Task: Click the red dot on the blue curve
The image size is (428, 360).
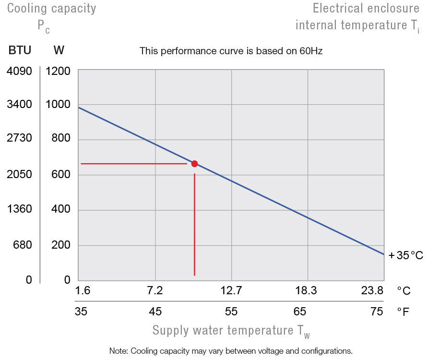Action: click(x=194, y=164)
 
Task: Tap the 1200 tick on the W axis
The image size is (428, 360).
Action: click(x=58, y=72)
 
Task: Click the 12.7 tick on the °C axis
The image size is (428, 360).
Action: click(x=231, y=290)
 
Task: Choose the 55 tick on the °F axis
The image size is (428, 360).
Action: click(x=231, y=312)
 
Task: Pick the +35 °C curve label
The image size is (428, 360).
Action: click(x=406, y=255)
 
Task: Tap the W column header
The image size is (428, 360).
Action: click(x=59, y=50)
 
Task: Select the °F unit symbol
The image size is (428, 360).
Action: click(x=403, y=312)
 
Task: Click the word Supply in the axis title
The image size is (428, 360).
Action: click(x=171, y=330)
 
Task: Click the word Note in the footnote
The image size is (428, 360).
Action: click(x=118, y=350)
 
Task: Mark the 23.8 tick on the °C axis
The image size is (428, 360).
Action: click(x=372, y=290)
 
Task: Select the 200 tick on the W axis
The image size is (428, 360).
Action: click(x=61, y=245)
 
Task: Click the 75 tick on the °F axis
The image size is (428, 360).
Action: click(x=377, y=312)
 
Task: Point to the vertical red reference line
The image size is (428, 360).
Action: click(x=194, y=226)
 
